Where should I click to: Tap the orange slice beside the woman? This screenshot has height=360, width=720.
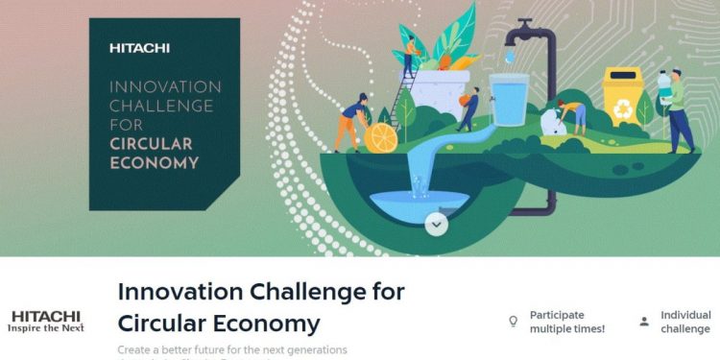[381, 137]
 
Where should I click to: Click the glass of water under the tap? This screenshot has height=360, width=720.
[508, 101]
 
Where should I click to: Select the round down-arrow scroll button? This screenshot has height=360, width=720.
[437, 224]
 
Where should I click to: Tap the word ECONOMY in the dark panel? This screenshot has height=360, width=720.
[154, 163]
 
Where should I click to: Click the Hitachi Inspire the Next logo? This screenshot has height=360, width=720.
[45, 321]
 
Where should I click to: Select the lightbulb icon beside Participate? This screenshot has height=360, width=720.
[513, 322]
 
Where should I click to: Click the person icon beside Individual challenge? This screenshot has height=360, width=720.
[643, 322]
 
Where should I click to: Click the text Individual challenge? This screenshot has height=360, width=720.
[685, 322]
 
